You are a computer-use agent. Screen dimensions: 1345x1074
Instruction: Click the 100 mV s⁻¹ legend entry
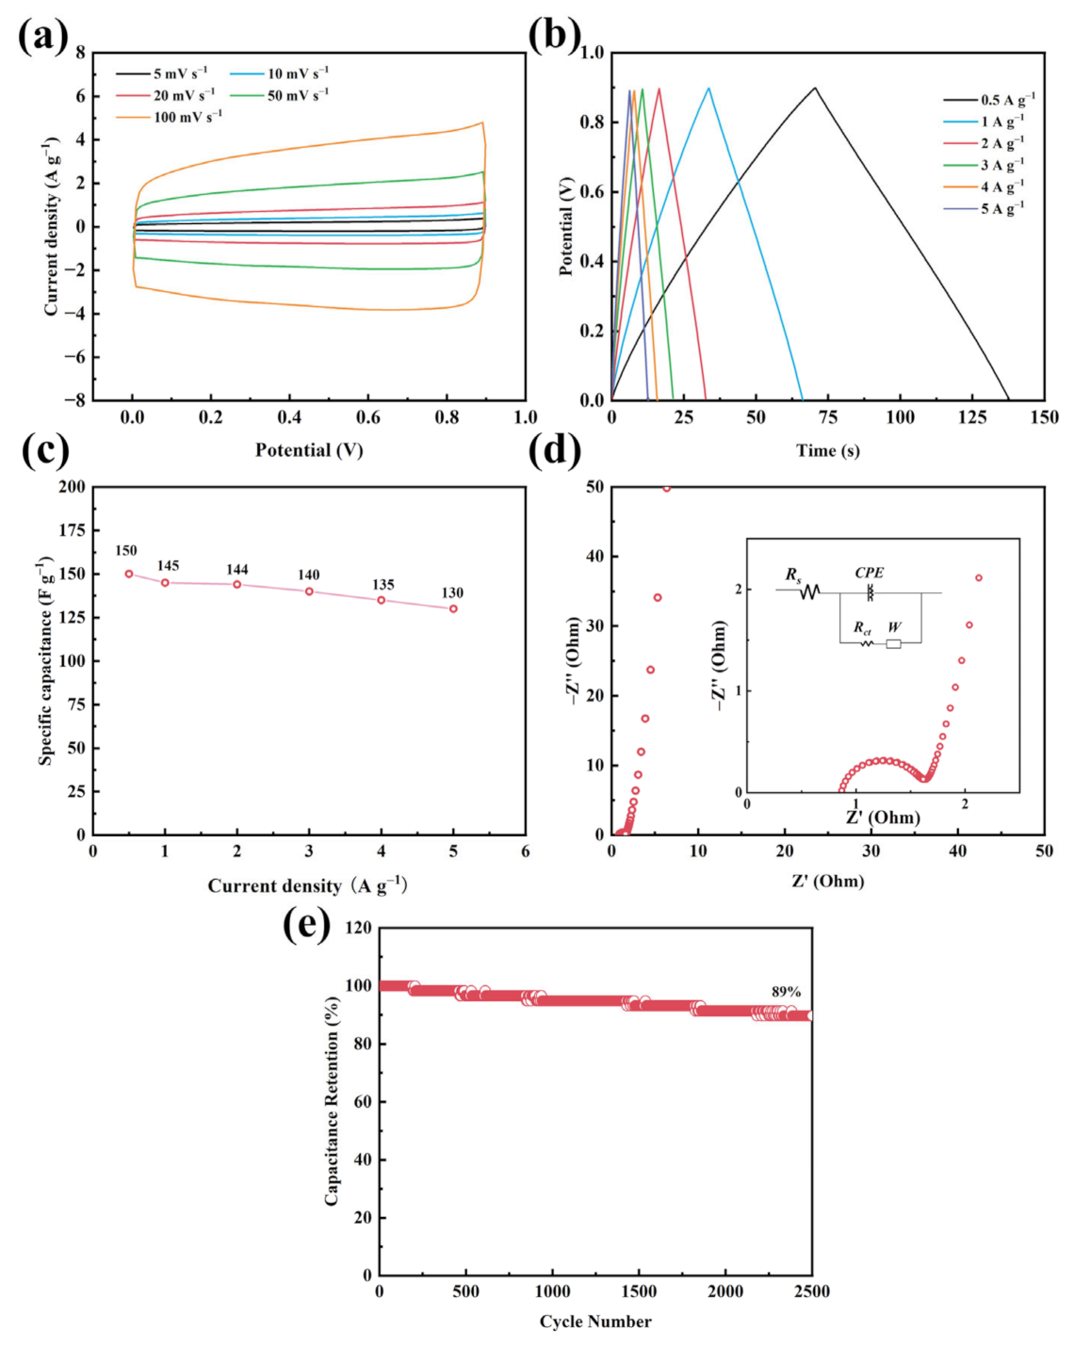click(187, 117)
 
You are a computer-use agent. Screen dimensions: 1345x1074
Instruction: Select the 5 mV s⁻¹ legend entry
click(180, 73)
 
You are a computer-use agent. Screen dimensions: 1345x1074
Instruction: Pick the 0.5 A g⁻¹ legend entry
click(1007, 100)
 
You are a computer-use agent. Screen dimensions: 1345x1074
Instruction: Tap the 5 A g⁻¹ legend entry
click(1002, 208)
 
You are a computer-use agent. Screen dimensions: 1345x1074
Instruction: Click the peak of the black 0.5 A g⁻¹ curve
click(815, 88)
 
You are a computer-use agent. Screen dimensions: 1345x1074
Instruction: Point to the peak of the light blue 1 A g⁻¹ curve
click(708, 88)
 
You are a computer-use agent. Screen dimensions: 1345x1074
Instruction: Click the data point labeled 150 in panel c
click(129, 574)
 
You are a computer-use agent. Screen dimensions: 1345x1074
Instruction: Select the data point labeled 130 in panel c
click(453, 608)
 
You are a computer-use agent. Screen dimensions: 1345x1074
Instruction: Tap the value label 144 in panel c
click(237, 570)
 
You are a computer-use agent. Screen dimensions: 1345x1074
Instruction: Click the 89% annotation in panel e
click(786, 992)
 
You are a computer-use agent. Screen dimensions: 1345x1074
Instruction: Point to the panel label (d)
click(555, 450)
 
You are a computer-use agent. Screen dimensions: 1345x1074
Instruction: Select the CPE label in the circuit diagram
click(869, 573)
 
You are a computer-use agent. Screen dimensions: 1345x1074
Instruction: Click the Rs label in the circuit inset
click(793, 574)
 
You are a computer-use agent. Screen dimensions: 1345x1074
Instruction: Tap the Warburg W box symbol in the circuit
click(893, 644)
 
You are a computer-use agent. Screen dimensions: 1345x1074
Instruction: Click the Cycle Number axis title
click(594, 1321)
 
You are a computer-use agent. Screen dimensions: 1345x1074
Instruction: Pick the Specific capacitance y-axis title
click(45, 659)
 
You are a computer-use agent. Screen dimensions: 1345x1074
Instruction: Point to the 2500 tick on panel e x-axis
click(811, 1291)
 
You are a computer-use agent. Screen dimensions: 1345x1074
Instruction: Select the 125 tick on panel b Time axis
click(972, 417)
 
